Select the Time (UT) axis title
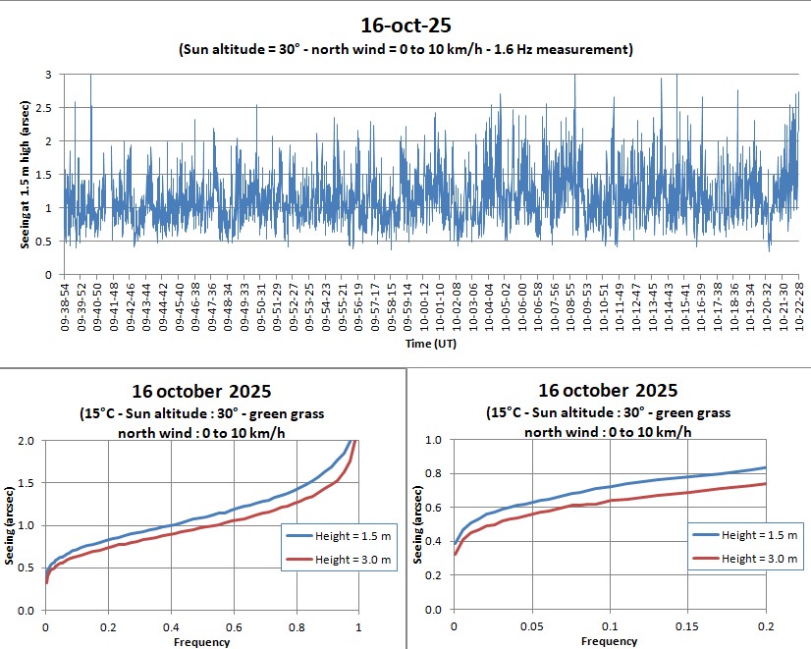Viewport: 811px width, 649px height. [x=430, y=344]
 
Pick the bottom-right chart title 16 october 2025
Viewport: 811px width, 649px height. [x=608, y=391]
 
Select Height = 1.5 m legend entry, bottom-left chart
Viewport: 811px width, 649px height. [x=338, y=536]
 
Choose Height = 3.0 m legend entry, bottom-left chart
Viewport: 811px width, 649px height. [x=338, y=560]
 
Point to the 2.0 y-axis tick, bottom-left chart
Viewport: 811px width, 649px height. [x=28, y=441]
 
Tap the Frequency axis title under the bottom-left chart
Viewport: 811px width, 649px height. [x=201, y=642]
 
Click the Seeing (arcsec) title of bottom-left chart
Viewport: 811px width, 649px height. [x=10, y=525]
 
